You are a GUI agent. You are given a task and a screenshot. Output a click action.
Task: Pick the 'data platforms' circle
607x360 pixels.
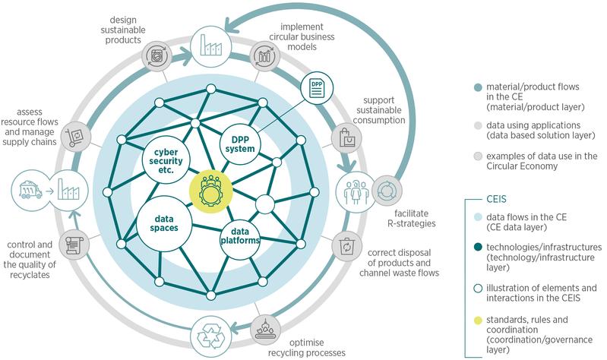(241, 235)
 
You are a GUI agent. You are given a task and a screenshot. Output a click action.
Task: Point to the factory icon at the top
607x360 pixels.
(210, 43)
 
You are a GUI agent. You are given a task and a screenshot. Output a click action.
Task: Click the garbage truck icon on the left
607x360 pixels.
(30, 187)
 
